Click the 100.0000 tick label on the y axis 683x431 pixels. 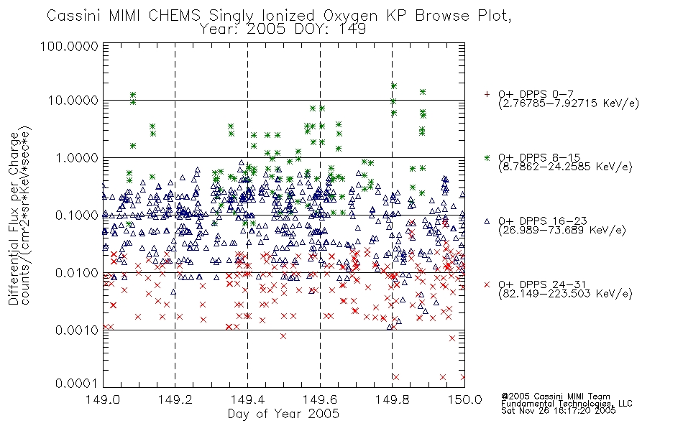[69, 46]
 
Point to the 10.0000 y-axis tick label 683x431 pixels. [73, 101]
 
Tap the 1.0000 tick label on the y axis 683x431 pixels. [77, 157]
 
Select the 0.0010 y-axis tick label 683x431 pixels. [77, 330]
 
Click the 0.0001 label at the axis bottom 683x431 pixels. [77, 384]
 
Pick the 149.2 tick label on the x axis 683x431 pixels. [175, 399]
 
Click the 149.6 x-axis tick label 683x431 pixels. [320, 399]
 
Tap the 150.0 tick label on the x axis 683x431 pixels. [464, 399]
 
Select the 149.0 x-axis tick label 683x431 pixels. [103, 399]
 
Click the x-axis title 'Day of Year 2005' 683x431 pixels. [283, 414]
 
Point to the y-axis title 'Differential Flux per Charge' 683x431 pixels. [14, 218]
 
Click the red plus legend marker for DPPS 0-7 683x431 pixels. [487, 94]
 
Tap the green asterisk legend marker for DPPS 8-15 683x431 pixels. [487, 157]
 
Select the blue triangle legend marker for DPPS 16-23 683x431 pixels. [487, 221]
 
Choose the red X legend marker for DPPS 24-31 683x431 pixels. [487, 284]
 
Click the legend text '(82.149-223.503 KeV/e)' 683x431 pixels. [565, 294]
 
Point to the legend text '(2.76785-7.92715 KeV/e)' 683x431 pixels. [569, 103]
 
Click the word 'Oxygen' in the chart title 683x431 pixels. [350, 16]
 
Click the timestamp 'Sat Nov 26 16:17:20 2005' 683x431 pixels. [559, 411]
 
